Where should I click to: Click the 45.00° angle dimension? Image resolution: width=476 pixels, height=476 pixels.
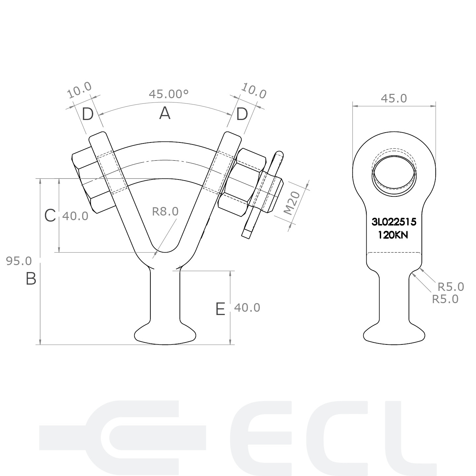click(169, 94)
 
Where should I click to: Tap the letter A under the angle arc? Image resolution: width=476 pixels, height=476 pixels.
click(165, 114)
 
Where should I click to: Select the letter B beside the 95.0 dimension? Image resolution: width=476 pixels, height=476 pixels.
click(31, 279)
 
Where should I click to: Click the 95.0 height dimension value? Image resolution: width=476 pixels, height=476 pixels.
click(19, 261)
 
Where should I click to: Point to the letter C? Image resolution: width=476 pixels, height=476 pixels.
click(50, 215)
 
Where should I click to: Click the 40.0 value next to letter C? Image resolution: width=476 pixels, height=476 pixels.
click(75, 216)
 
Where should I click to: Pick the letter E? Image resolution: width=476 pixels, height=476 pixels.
click(220, 309)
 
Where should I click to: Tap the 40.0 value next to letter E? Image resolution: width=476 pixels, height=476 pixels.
click(247, 308)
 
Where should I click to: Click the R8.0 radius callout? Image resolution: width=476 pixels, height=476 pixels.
click(165, 212)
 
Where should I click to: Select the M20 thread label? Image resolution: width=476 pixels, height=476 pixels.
click(292, 203)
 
